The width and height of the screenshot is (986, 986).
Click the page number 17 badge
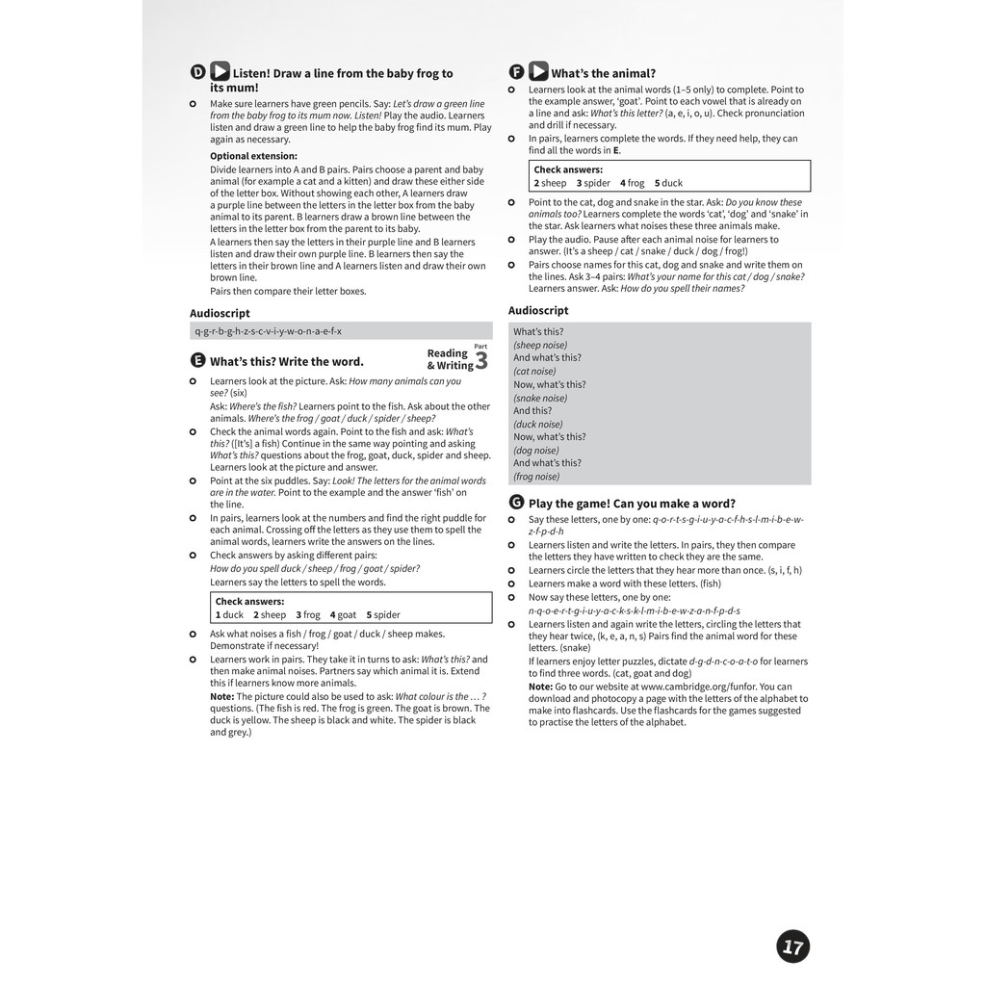pos(792,947)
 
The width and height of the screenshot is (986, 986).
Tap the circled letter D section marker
pos(197,72)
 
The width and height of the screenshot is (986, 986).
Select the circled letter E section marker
pos(197,361)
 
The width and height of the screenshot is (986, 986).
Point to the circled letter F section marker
pos(516,72)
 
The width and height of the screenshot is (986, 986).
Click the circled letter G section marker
pos(516,503)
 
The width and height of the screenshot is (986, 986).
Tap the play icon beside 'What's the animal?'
pos(538,72)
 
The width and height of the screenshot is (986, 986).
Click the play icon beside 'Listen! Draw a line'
pos(220,72)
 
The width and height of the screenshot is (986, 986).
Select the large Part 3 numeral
pos(480,362)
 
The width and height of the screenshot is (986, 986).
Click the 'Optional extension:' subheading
pos(253,156)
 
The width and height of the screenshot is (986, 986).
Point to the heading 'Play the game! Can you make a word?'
pos(632,504)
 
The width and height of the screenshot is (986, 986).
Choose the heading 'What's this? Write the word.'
pos(287,362)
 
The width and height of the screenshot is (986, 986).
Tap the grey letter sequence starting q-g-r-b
pos(268,331)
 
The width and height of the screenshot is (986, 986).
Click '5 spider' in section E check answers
pos(383,615)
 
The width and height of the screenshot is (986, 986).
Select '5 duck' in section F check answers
pos(668,183)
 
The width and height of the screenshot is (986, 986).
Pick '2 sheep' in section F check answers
pos(551,183)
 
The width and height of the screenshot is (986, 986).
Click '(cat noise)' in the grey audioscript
pos(534,371)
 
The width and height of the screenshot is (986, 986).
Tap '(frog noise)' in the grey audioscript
pos(536,477)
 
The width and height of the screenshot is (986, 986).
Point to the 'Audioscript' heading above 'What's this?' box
pos(538,310)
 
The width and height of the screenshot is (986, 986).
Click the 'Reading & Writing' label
pos(449,359)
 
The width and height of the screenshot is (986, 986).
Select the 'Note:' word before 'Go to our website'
pos(540,687)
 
